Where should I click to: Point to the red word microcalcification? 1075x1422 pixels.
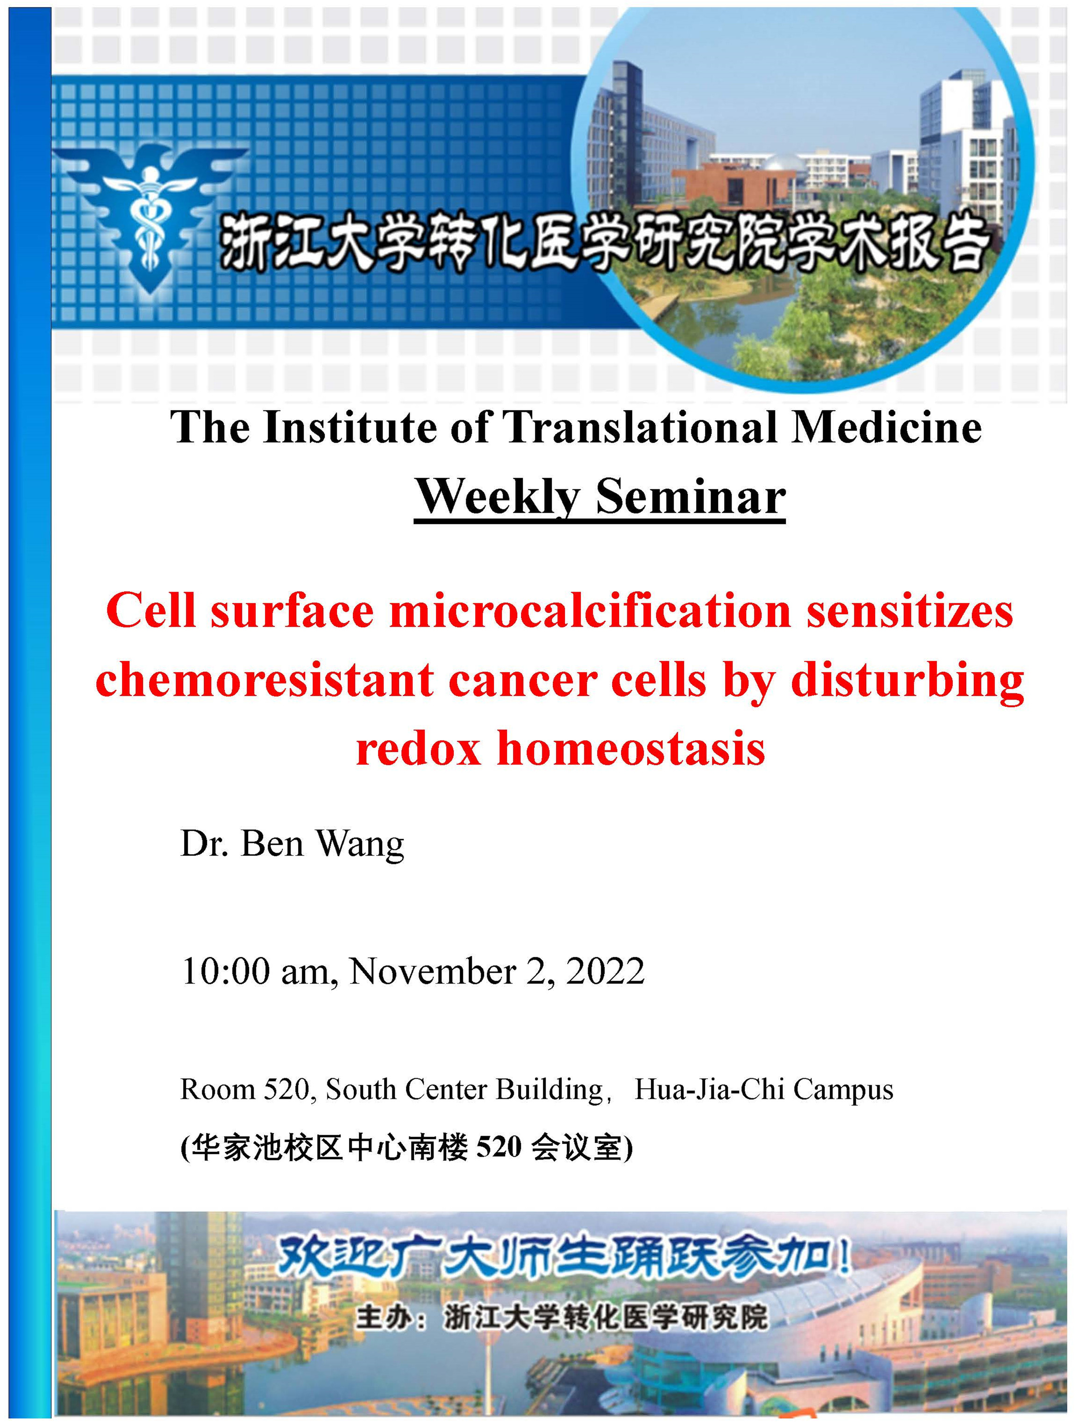[x=590, y=611]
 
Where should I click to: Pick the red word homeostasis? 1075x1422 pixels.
[x=631, y=749]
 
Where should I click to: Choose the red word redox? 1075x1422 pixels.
[x=419, y=750]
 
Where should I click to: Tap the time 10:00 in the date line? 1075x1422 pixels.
[x=226, y=971]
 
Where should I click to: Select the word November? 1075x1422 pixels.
[x=432, y=971]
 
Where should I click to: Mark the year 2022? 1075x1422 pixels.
[x=605, y=971]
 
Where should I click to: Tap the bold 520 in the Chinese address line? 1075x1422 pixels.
[x=499, y=1146]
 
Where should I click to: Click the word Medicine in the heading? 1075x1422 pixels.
[x=886, y=427]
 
